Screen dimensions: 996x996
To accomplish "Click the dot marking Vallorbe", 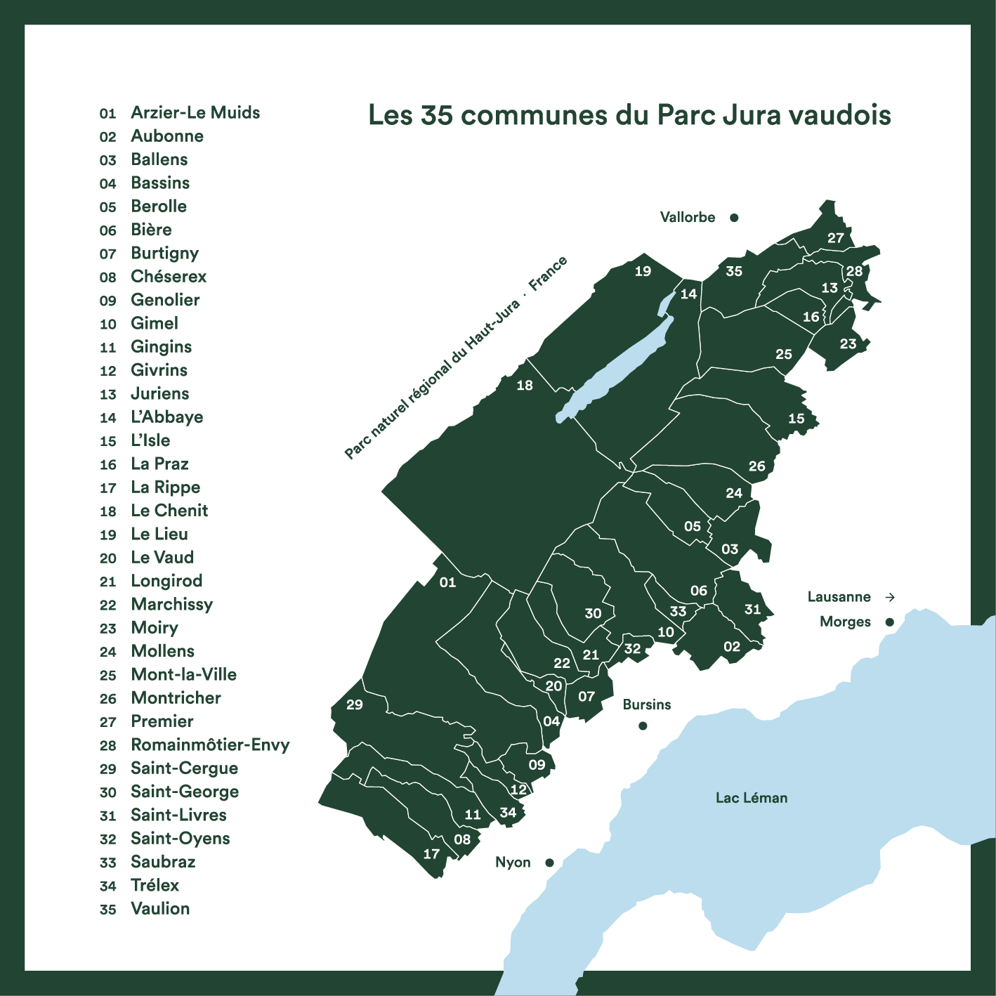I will [x=734, y=218].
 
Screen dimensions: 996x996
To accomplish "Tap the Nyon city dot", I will [x=549, y=863].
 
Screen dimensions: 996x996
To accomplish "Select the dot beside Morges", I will [x=889, y=622].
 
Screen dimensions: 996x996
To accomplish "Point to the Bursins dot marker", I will [x=643, y=726].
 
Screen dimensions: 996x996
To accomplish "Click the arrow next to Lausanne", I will [x=890, y=597].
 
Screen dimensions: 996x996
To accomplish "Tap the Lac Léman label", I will [x=751, y=798].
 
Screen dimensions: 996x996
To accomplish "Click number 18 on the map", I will [x=525, y=385].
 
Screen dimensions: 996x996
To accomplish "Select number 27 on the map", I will [x=835, y=238].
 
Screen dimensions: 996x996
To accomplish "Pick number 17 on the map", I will [x=431, y=854].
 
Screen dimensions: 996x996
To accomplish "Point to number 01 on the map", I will [x=447, y=582].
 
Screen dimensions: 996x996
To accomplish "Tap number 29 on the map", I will [x=355, y=705].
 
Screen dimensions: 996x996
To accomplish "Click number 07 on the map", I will [x=587, y=697].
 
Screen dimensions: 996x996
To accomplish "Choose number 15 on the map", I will [x=796, y=419].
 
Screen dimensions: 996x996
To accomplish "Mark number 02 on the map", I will [x=732, y=647].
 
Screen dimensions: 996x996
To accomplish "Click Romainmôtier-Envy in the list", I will [x=210, y=745].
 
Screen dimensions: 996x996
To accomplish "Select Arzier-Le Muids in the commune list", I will [x=195, y=112].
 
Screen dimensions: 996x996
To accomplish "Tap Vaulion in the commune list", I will [x=160, y=908].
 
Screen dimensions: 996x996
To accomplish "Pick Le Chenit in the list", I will [x=169, y=511].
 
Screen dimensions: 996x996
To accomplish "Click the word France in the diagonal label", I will [x=548, y=274].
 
